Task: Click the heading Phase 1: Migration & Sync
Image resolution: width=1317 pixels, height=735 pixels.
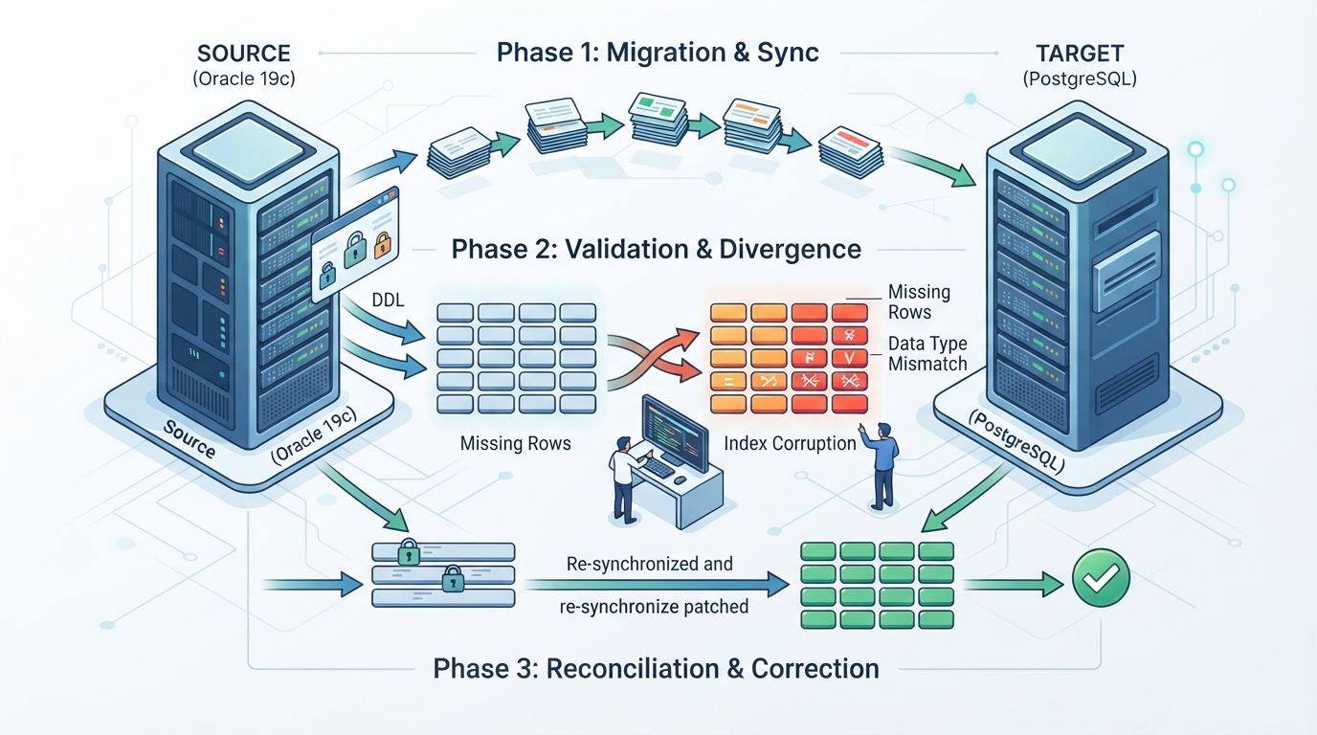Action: [x=658, y=53]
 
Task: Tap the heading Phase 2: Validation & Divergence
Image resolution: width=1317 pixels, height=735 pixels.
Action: [x=657, y=250]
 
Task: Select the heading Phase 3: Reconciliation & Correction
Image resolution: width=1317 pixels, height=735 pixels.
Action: [x=657, y=669]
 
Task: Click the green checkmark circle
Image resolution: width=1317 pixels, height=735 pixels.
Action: [x=1101, y=578]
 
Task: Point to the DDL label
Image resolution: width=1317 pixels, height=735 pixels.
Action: [x=388, y=300]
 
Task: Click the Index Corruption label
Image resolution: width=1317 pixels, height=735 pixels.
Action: [x=790, y=443]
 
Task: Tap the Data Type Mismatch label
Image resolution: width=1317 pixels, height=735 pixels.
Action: [x=927, y=353]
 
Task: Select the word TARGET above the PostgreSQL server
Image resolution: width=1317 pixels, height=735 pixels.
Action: [x=1080, y=54]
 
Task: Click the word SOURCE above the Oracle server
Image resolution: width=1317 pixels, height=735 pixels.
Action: [x=243, y=54]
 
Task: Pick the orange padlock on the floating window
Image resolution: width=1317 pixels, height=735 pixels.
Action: [x=382, y=245]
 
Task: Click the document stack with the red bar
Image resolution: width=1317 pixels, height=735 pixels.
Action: [x=850, y=152]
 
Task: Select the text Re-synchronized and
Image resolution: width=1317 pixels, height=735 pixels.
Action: [x=649, y=564]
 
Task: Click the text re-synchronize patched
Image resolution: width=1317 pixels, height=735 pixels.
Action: [x=654, y=606]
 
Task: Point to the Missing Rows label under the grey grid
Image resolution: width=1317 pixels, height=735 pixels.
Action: [x=515, y=443]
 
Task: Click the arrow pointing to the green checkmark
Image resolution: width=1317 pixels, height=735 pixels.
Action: [x=1013, y=585]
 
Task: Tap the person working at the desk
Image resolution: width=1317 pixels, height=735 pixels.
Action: [x=626, y=479]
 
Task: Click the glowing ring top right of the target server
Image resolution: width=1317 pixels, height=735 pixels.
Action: [x=1195, y=149]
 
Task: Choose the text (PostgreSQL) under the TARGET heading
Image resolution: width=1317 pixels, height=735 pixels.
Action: [x=1080, y=78]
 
